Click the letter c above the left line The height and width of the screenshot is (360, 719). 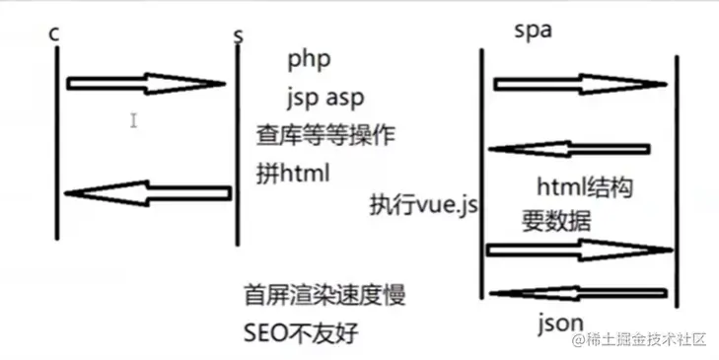(53, 33)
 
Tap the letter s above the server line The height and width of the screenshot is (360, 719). (238, 36)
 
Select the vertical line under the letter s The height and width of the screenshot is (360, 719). (238, 148)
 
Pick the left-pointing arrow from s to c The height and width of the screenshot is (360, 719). (148, 193)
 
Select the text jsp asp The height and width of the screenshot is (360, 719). (326, 97)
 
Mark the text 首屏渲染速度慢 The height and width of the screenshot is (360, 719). (324, 295)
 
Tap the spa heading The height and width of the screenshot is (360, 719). (533, 31)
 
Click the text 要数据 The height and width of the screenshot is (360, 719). (555, 221)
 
